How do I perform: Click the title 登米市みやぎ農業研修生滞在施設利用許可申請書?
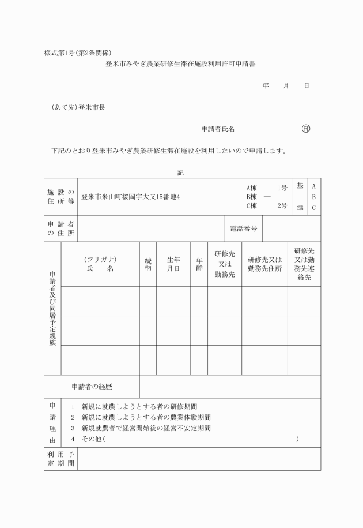180,65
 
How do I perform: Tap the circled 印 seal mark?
305,129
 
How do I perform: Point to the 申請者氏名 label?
217,129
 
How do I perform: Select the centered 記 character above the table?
180,171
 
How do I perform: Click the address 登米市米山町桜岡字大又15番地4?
131,197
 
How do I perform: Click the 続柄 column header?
148,264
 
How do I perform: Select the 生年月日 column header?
173,264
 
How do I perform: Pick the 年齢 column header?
199,264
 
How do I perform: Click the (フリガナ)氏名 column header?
100,264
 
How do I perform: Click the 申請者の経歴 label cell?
92,386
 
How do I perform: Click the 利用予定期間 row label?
60,459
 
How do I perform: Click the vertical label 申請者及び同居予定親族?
52,309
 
